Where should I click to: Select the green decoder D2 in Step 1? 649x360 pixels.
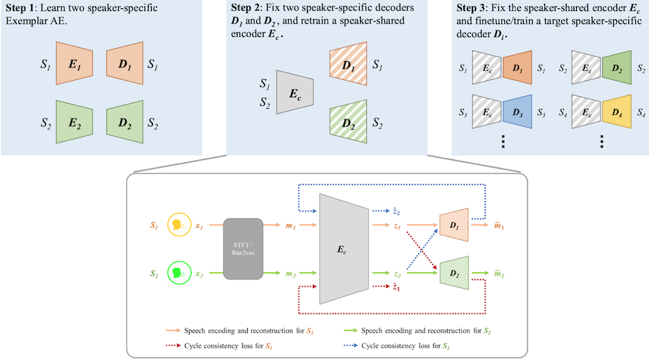123,121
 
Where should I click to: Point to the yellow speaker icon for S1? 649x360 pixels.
177,226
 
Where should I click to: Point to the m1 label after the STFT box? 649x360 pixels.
291,226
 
